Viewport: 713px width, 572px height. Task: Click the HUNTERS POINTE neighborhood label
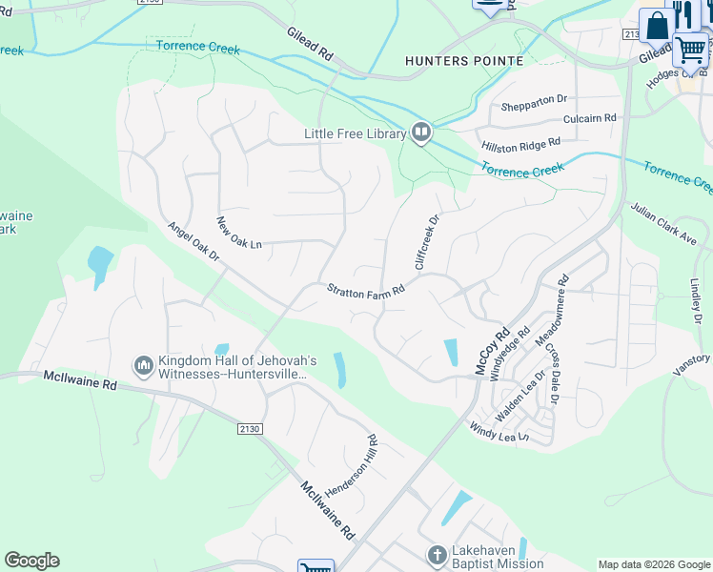click(x=464, y=61)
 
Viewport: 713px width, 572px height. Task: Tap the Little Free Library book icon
click(x=421, y=133)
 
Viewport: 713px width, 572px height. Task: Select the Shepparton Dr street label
click(x=534, y=99)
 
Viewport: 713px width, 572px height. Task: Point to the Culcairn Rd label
click(x=589, y=118)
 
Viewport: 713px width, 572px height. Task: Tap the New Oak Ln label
click(x=238, y=234)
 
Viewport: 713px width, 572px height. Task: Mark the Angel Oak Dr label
click(x=194, y=243)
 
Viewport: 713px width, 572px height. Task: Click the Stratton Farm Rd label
click(x=366, y=290)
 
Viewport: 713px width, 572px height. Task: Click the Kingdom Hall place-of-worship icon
click(x=144, y=365)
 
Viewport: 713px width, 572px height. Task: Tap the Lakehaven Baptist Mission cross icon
click(x=437, y=555)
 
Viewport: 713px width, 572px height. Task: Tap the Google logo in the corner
click(x=31, y=561)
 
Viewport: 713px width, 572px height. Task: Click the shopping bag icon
click(x=657, y=26)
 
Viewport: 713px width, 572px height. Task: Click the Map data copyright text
click(x=654, y=564)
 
